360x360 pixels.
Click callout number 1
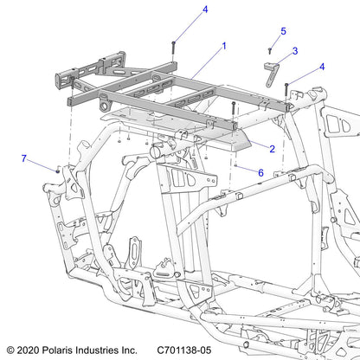click(x=224, y=45)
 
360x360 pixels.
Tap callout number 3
click(x=294, y=51)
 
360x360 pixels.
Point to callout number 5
click(x=282, y=31)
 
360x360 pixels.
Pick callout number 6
click(x=260, y=172)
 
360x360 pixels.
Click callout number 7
click(x=24, y=158)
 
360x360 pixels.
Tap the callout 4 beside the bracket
click(x=322, y=67)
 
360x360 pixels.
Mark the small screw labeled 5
click(x=269, y=51)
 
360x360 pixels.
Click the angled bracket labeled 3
click(x=273, y=72)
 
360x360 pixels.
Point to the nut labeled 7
click(x=56, y=170)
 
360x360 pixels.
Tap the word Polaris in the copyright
click(x=66, y=350)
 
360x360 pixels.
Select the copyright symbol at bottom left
click(x=10, y=350)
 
